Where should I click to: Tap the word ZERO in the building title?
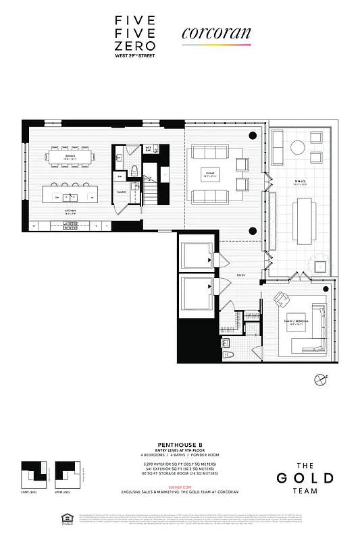(x=135, y=47)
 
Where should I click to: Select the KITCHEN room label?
(x=70, y=211)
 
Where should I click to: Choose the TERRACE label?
(x=299, y=182)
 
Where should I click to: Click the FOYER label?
(x=240, y=275)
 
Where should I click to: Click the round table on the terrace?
(x=298, y=147)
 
